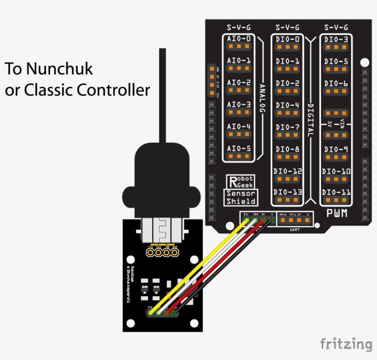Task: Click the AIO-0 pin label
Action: point(239,39)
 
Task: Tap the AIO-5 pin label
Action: point(239,149)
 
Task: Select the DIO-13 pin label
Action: point(288,192)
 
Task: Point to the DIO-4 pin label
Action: point(288,105)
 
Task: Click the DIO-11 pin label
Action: point(336,192)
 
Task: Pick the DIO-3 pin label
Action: point(336,39)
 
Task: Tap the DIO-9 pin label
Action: point(336,149)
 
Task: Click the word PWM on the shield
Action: point(337,214)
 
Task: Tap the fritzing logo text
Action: point(346,343)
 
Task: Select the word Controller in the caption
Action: point(113,90)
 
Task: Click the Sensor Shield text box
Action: point(241,197)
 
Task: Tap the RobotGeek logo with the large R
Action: point(241,181)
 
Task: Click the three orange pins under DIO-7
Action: point(288,134)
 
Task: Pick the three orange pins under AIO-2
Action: point(239,91)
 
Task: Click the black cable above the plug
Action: point(162,92)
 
